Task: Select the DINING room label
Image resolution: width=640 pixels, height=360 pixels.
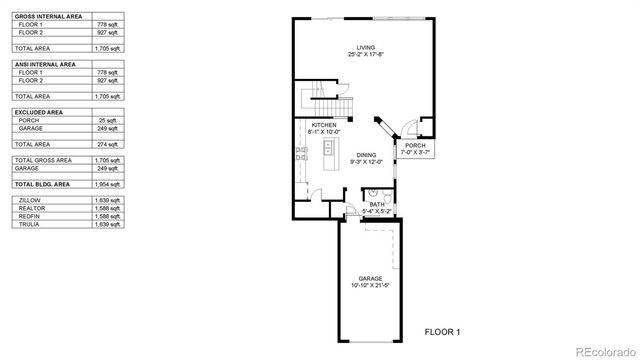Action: point(366,155)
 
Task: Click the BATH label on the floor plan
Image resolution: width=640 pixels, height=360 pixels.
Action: point(376,204)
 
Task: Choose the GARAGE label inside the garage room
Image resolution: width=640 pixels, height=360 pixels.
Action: point(371,278)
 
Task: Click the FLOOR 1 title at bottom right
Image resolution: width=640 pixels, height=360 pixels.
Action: point(443,330)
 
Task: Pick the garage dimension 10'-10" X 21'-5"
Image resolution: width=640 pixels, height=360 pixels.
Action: point(371,285)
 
